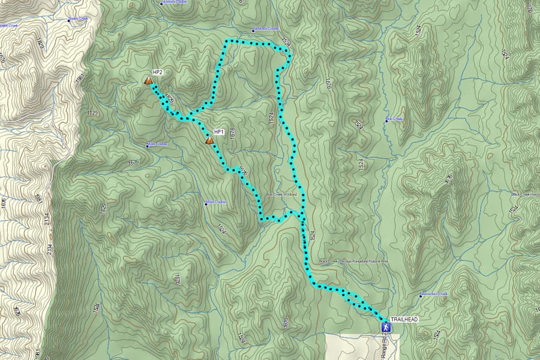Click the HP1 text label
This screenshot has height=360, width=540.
click(218, 131)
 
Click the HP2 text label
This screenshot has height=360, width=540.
click(158, 72)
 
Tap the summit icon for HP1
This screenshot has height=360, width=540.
click(209, 140)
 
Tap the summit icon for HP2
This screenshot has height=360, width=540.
click(148, 80)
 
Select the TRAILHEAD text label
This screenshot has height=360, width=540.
click(404, 320)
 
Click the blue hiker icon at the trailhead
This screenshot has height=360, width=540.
click(386, 327)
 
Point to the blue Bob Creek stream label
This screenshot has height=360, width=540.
click(395, 119)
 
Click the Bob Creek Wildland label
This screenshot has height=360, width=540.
click(282, 194)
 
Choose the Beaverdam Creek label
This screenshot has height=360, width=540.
click(435, 294)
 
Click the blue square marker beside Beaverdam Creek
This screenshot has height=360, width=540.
click(420, 296)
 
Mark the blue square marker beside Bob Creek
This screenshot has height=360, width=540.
click(386, 121)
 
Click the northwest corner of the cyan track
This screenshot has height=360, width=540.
click(226, 41)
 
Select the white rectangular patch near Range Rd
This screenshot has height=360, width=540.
click(354, 346)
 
